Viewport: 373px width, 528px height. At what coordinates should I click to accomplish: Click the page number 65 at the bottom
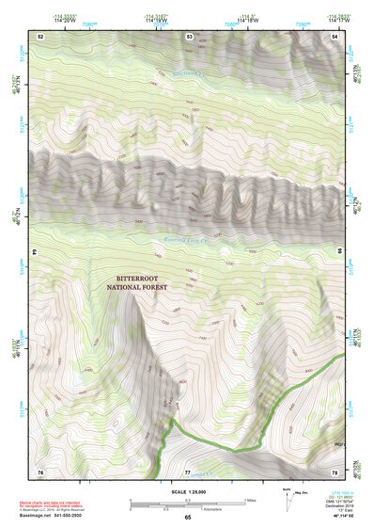tap(187, 517)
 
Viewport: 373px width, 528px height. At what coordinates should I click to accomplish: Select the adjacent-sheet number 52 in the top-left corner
tap(41, 36)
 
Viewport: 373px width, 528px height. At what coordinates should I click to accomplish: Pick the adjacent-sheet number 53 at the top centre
tap(189, 36)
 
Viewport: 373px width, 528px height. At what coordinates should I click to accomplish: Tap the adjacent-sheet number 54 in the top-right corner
tap(335, 36)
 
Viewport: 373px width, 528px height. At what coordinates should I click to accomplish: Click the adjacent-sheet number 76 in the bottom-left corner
tap(40, 472)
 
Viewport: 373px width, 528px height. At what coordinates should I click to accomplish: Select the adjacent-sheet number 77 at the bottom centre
tap(188, 472)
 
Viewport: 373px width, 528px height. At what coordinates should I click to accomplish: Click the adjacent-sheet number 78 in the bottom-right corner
tap(335, 472)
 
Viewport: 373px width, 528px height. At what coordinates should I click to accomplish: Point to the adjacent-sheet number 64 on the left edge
tap(37, 253)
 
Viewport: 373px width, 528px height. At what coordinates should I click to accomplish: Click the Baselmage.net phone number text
tap(53, 516)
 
